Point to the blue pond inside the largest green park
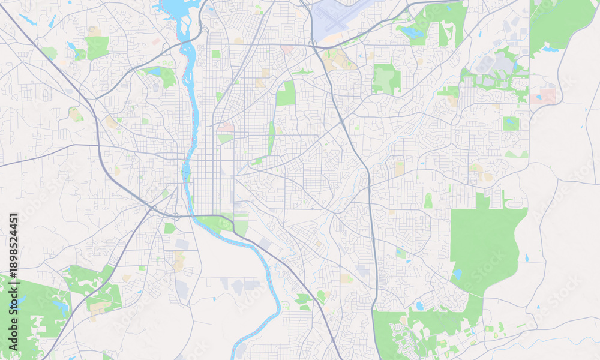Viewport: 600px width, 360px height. click(457, 274)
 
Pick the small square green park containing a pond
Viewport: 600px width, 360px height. click(511, 123)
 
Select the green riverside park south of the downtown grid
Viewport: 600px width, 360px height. click(215, 223)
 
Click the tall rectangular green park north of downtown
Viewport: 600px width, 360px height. click(287, 94)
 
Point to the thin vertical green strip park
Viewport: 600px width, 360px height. click(271, 138)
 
